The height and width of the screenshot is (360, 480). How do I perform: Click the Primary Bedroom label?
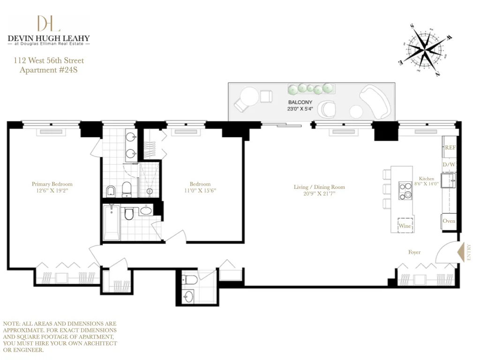point(52,184)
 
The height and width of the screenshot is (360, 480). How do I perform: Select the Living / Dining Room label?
point(319,187)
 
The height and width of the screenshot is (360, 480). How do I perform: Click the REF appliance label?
point(450,147)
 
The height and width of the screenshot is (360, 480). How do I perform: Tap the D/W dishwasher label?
point(449,165)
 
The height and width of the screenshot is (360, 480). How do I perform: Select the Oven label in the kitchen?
point(449,221)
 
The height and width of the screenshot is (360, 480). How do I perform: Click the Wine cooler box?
point(405,225)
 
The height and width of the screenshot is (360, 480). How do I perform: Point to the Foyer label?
point(414,252)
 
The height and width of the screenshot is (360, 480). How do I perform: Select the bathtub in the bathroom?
point(112,222)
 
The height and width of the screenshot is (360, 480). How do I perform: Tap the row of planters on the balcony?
point(310,88)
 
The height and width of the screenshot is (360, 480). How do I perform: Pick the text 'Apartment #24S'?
point(49,70)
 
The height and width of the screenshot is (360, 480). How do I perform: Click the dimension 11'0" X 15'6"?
point(200,190)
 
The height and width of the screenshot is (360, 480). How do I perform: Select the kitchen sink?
point(451,180)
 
